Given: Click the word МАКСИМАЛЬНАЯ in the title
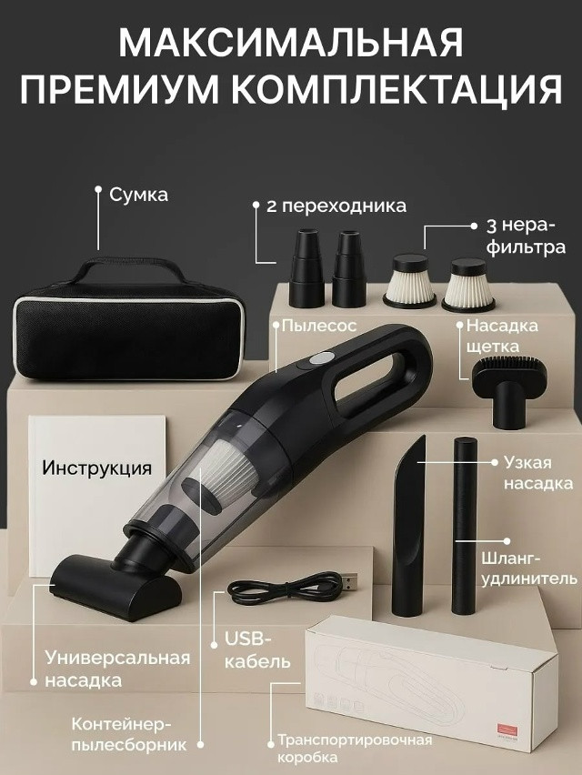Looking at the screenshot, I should [291, 43].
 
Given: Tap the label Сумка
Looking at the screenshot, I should [138, 195].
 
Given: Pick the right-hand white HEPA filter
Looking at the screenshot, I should [467, 284].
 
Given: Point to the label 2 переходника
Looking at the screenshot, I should [336, 206].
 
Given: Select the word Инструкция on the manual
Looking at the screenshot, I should [96, 468].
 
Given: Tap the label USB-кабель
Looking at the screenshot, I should [256, 649].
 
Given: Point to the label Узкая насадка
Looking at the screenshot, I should [537, 472].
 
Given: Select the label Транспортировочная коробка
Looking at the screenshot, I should [354, 748].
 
